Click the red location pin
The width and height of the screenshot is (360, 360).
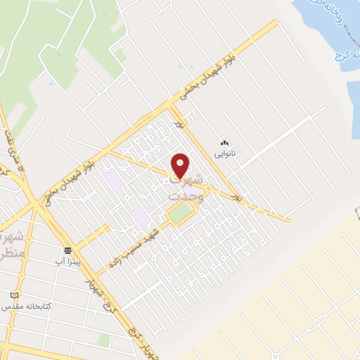pyautogui.click(x=181, y=165)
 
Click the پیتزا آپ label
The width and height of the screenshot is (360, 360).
pyautogui.click(x=69, y=261)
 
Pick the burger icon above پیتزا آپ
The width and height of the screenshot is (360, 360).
pyautogui.click(x=68, y=250)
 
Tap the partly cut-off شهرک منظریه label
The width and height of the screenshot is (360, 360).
pyautogui.click(x=12, y=243)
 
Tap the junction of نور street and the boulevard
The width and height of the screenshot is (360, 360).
pyautogui.click(x=172, y=105)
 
